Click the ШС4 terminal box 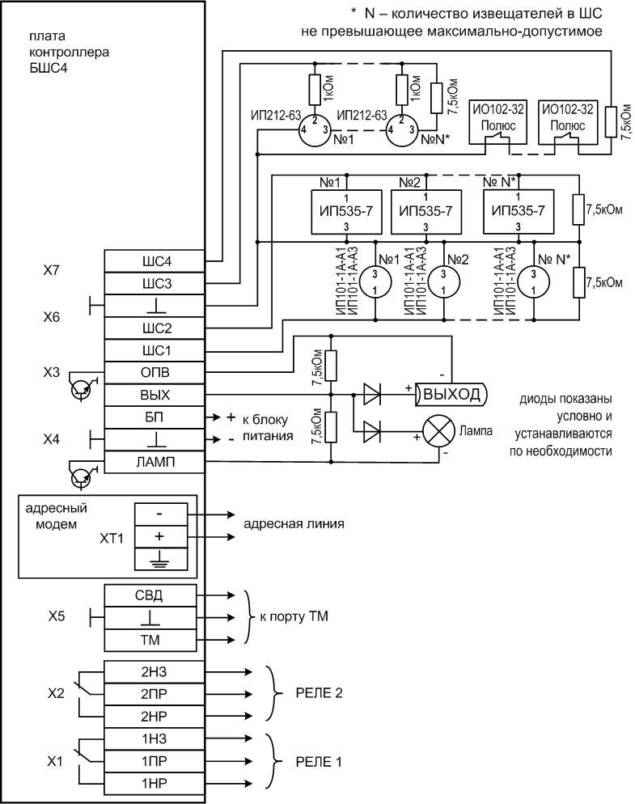click(155, 261)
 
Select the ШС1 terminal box click(155, 350)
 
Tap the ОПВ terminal click(155, 372)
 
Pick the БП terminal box click(155, 417)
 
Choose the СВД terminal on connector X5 click(155, 596)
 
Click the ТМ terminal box click(155, 641)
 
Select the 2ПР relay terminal click(155, 693)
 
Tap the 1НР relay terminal click(155, 783)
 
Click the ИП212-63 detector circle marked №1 click(316, 130)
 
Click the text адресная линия click(294, 523)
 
